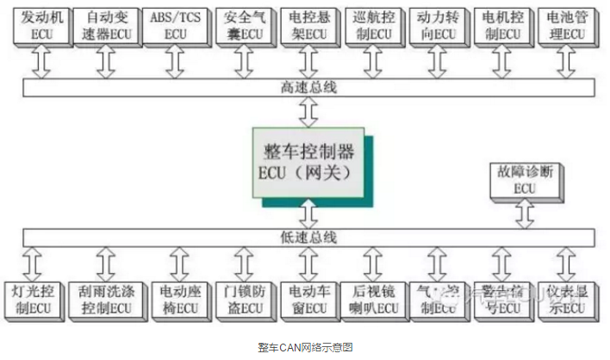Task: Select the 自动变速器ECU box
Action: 105,23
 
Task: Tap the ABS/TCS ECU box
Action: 173,23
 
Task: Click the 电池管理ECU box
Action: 565,23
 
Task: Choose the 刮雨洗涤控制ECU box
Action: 105,298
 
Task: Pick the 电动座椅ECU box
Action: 173,298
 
